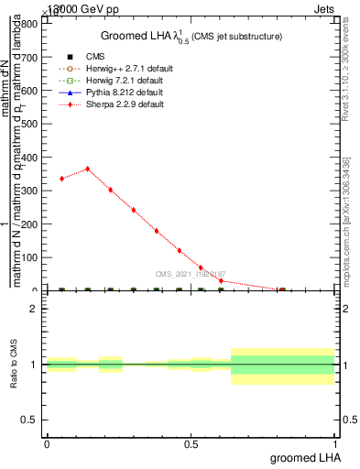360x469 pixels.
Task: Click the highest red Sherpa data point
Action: click(x=87, y=169)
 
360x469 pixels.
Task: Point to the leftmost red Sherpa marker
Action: click(x=61, y=179)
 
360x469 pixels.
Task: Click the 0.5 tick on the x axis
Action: click(x=191, y=443)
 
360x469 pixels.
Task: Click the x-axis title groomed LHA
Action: click(x=306, y=457)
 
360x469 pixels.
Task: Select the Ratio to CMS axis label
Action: click(x=15, y=365)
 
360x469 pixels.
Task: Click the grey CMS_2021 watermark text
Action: click(x=191, y=274)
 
